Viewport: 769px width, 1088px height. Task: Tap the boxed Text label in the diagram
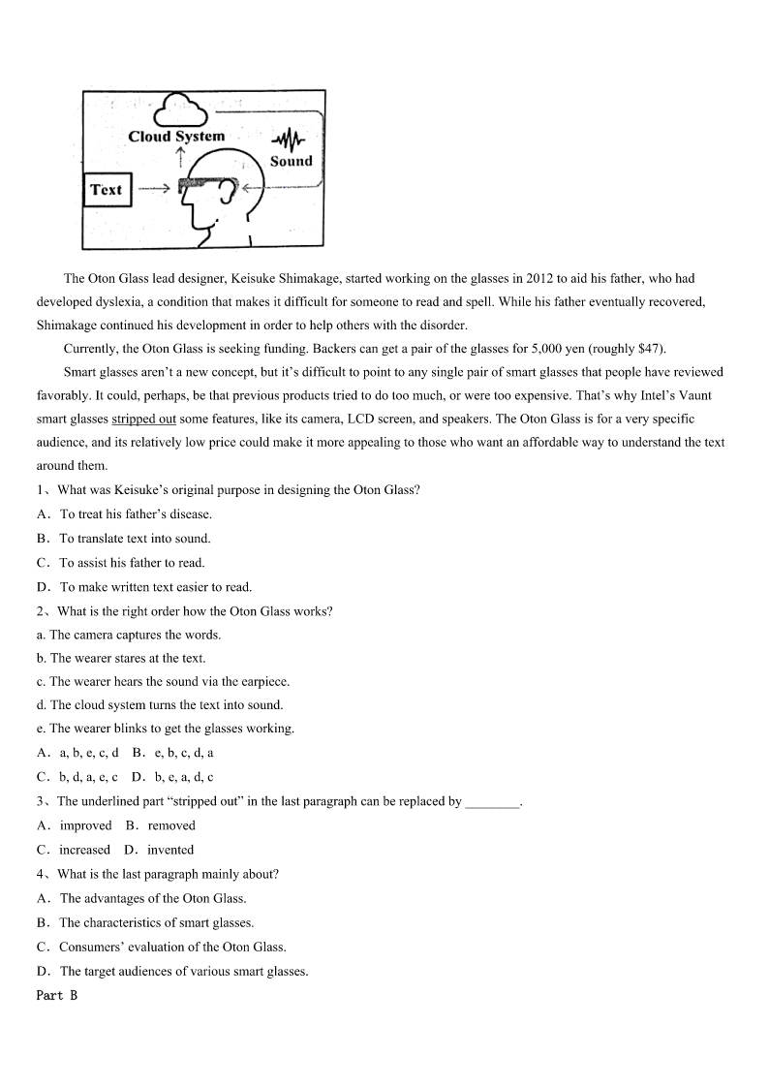[x=106, y=190]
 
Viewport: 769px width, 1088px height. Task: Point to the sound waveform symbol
[x=289, y=141]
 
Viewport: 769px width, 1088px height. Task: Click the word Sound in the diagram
[x=291, y=162]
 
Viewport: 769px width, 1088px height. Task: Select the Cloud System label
[x=176, y=137]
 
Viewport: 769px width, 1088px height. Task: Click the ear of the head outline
[x=228, y=191]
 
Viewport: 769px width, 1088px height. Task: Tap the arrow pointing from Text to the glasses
[x=153, y=190]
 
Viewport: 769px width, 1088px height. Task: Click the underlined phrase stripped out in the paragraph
[x=143, y=420]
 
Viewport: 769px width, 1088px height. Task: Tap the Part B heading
[x=56, y=995]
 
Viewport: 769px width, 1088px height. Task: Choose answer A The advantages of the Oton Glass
[x=152, y=898]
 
